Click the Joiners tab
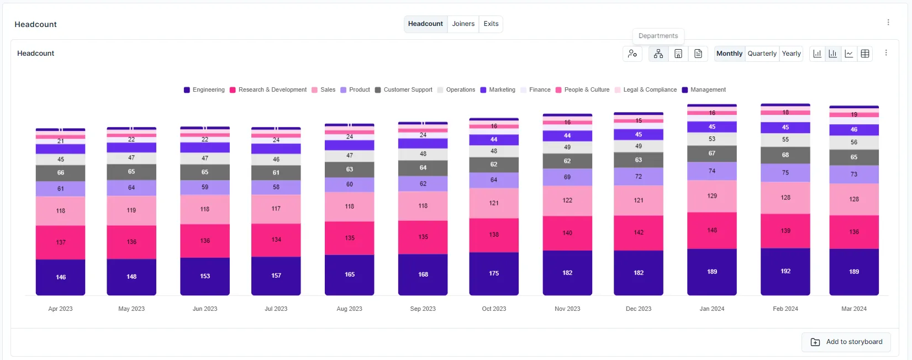tap(463, 24)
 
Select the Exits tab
tap(491, 24)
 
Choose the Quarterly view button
tap(762, 54)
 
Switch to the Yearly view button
tap(791, 54)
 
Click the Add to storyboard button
tap(847, 342)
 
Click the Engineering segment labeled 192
tap(785, 271)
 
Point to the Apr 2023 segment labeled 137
tap(61, 242)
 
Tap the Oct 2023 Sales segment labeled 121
tap(494, 203)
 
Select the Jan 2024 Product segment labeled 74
tap(711, 171)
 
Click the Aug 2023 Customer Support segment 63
tap(349, 170)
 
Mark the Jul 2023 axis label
tap(276, 309)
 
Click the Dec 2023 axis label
tap(638, 309)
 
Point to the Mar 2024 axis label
tap(853, 309)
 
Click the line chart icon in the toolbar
tap(848, 54)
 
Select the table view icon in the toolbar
tap(864, 54)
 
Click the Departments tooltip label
tap(658, 36)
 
